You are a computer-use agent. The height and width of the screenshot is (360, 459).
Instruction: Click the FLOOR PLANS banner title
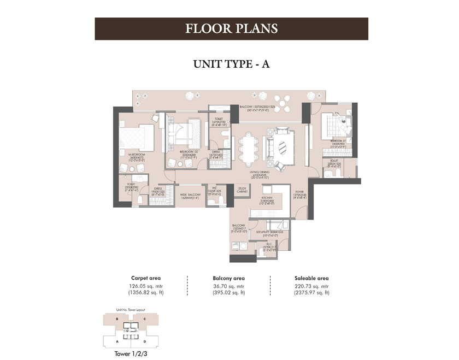point(231,28)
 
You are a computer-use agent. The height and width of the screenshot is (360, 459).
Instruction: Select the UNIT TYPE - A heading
point(232,63)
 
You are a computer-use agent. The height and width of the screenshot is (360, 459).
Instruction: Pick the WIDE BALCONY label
point(190,195)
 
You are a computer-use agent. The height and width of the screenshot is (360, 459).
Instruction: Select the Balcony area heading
point(228,278)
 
